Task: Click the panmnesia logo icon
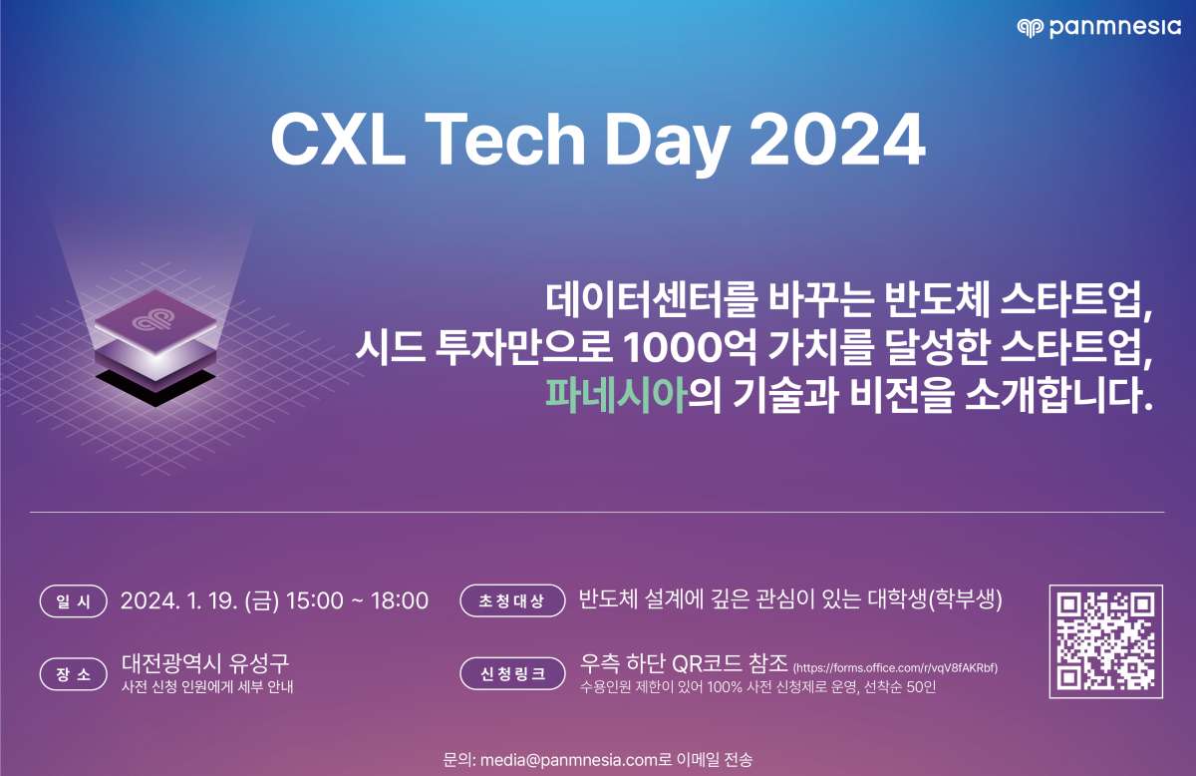coord(1030,28)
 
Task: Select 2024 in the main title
coord(838,140)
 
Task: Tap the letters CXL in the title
coord(338,140)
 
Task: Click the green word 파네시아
coord(616,396)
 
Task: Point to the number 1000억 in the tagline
coord(689,348)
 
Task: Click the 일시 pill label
coord(74,601)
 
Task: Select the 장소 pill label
coord(74,674)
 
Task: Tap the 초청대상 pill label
coord(512,600)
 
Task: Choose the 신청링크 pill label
coord(512,674)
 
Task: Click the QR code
coord(1105,641)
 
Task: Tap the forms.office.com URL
coord(895,668)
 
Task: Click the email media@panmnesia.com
coord(569,760)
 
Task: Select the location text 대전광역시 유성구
coord(205,663)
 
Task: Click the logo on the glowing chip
coord(154,320)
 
